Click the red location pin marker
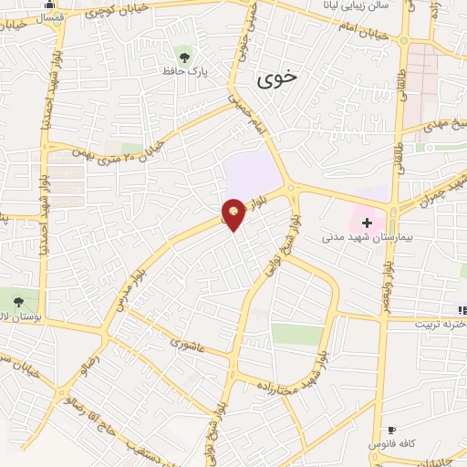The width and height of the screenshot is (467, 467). coord(234,214)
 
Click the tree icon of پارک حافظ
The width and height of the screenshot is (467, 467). coord(186,56)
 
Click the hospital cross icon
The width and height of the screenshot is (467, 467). coord(367,223)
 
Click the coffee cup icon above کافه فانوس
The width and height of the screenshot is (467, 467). coord(391,429)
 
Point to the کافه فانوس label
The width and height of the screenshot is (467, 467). coord(400,442)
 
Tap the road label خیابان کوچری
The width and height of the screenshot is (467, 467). coord(101,16)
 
